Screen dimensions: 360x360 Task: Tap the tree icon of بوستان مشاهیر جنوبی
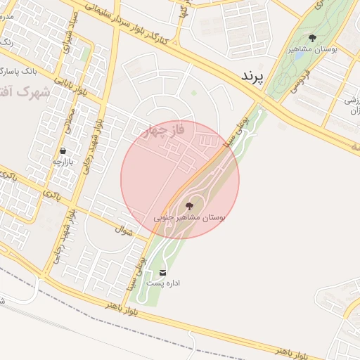pos(188,206)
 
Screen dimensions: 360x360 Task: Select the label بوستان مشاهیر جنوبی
pos(189,219)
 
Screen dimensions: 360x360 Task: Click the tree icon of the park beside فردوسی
pos(312,39)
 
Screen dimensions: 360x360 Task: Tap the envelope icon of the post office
pos(163,272)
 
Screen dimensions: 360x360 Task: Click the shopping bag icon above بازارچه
pos(63,150)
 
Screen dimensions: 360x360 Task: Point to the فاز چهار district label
pos(162,131)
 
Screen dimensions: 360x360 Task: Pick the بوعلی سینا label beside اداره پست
pos(134,274)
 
